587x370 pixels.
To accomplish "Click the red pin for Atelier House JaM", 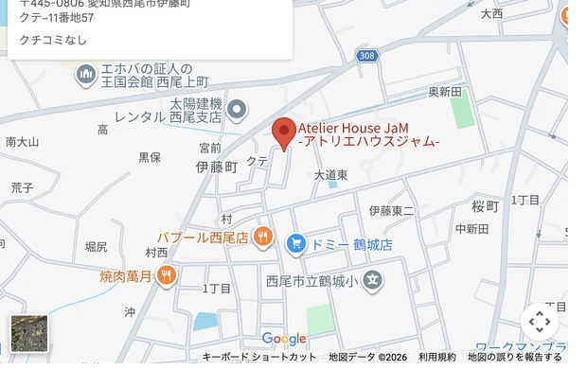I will (x=283, y=132).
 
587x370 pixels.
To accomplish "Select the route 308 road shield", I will (x=367, y=57).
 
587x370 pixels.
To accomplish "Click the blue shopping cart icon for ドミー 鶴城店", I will (x=295, y=244).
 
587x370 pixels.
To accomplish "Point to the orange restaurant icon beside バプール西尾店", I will (x=263, y=237).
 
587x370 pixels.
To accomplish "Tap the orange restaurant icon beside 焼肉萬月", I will (x=167, y=275).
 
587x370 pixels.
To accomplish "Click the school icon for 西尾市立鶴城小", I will (x=374, y=280).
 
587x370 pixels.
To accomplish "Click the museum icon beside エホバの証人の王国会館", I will (x=86, y=74).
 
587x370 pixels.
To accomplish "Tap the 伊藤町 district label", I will (x=217, y=167).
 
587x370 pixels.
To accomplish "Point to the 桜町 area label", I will (x=485, y=206).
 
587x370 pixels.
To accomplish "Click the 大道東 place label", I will (x=330, y=175).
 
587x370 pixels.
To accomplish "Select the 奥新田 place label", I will (x=445, y=92).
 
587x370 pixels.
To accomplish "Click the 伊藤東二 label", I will (x=391, y=210).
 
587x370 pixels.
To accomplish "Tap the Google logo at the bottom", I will (x=284, y=339).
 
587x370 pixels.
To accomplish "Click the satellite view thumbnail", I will (x=29, y=334).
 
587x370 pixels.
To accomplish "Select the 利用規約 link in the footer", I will (x=437, y=357).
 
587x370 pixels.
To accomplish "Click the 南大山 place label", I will (x=22, y=142).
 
